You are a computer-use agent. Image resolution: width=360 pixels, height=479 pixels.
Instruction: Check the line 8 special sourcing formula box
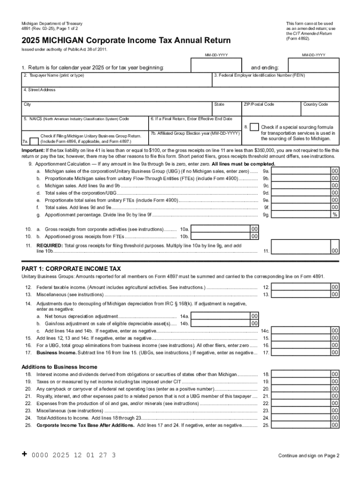click(x=254, y=127)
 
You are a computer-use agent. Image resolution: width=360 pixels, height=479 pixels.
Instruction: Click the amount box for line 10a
click(x=221, y=229)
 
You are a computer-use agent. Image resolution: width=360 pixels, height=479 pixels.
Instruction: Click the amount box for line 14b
click(x=221, y=323)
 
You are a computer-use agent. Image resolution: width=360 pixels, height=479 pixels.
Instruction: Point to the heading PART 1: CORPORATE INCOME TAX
click(x=71, y=269)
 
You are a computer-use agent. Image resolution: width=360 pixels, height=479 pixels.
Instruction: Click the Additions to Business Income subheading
click(x=59, y=367)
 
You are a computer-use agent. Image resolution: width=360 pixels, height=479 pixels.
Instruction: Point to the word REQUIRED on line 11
click(x=49, y=246)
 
